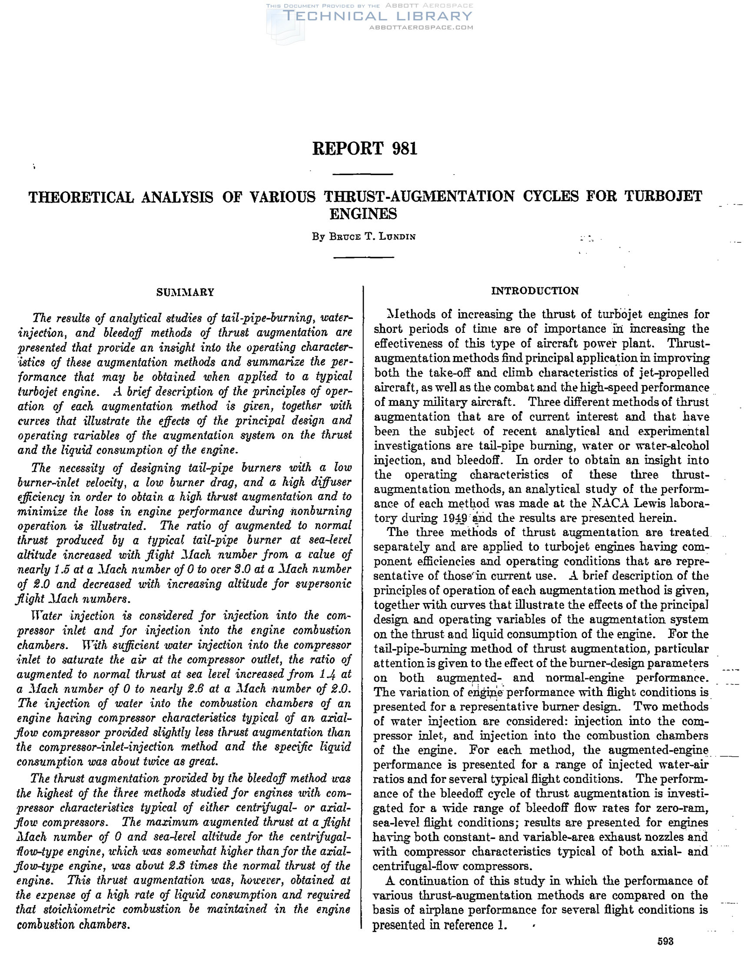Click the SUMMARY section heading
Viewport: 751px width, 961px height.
click(x=185, y=293)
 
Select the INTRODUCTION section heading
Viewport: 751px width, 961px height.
click(x=535, y=291)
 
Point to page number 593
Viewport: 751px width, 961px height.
click(x=665, y=941)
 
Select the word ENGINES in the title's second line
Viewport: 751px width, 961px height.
click(x=363, y=214)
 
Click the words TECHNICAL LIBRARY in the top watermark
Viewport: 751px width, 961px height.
click(x=378, y=16)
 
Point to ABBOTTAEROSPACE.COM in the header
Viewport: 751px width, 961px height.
click(x=421, y=27)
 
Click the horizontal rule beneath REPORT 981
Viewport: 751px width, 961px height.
click(x=362, y=175)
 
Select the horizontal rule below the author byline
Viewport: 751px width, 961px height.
click(x=363, y=256)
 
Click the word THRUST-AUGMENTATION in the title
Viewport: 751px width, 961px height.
click(x=419, y=196)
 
